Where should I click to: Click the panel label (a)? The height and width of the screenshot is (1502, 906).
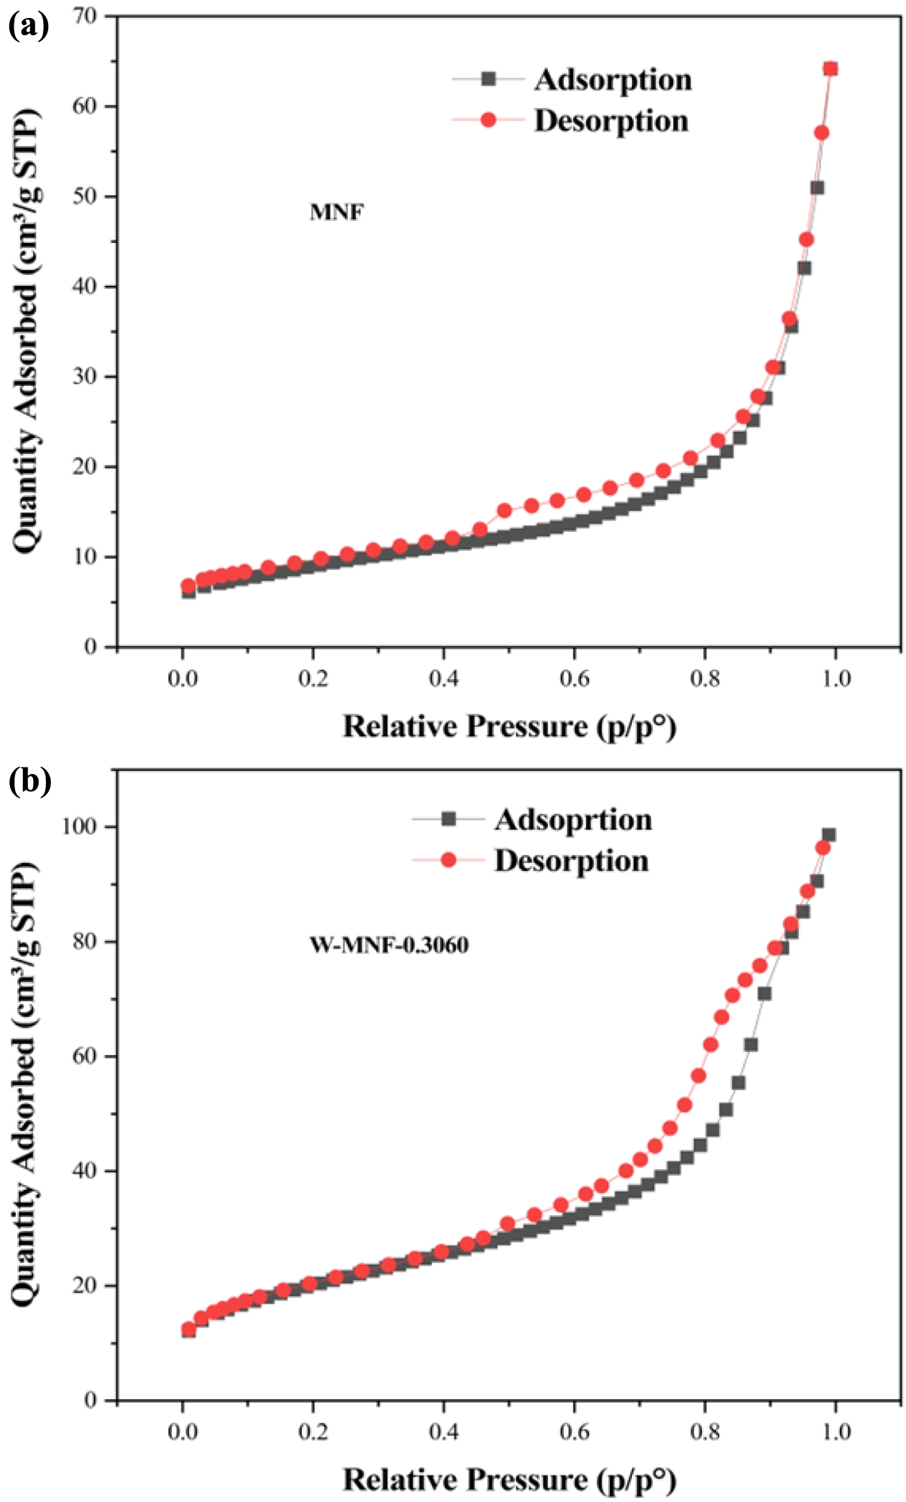coord(29,27)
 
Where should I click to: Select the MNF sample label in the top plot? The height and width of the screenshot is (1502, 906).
coord(337,213)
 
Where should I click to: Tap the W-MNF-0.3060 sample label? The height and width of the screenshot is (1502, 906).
coord(389,944)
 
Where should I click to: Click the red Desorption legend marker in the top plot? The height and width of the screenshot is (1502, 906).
coord(488,120)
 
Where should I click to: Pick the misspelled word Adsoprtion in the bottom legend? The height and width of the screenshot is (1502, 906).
coord(573,820)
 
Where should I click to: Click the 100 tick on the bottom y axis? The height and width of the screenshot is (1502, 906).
coord(78,826)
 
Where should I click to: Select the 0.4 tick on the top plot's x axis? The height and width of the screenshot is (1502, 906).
coord(444,678)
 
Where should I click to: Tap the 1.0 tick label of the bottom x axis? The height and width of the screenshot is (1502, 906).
coord(836,1432)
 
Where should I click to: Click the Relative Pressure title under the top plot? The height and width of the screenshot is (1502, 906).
coord(509,727)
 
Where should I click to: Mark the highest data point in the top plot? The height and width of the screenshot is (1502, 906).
coord(830,69)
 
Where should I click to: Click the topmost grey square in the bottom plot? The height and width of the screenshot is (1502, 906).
coord(829,835)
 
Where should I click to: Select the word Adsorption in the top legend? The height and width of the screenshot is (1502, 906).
coord(613,79)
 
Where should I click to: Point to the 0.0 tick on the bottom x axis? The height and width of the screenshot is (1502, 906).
coord(183,1432)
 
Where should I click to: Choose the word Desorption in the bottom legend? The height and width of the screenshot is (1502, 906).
coord(571,861)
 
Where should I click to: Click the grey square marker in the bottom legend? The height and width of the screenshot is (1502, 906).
coord(449,819)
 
